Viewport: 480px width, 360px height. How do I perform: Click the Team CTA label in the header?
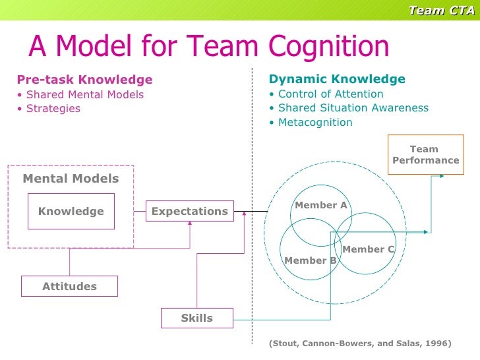(x=441, y=9)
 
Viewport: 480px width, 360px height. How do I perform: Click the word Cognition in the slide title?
(x=328, y=46)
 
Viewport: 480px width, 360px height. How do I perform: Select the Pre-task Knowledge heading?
(x=84, y=80)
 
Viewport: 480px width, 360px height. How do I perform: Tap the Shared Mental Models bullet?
(x=80, y=94)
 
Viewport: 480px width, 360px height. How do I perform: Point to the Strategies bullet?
(x=49, y=108)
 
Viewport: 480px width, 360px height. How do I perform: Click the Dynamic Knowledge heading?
(x=337, y=80)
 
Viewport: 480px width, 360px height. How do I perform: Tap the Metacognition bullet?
(x=311, y=123)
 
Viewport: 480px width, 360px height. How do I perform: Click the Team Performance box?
(x=425, y=155)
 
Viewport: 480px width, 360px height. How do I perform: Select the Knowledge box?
(x=71, y=212)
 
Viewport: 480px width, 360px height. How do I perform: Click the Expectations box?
(x=189, y=212)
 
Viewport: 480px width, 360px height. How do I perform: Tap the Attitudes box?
(x=69, y=286)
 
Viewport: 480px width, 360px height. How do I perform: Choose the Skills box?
(x=196, y=318)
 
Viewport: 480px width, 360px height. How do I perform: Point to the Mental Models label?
(x=71, y=179)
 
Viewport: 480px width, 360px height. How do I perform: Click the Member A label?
(x=320, y=205)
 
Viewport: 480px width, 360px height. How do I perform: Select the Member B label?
(x=310, y=260)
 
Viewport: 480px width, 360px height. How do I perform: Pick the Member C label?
(x=368, y=249)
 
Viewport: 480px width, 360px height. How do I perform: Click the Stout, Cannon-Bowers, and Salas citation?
(x=360, y=344)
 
